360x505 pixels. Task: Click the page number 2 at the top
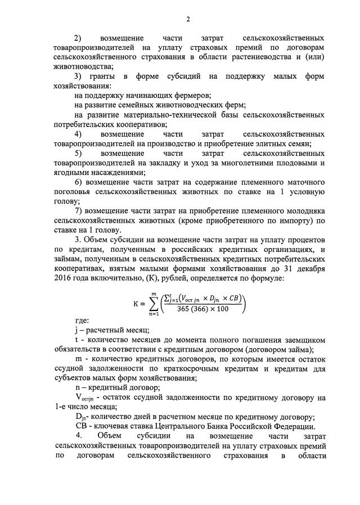pyautogui.click(x=188, y=19)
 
